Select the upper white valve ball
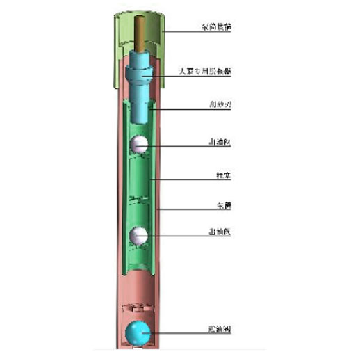click(x=139, y=144)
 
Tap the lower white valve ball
click(x=139, y=236)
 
